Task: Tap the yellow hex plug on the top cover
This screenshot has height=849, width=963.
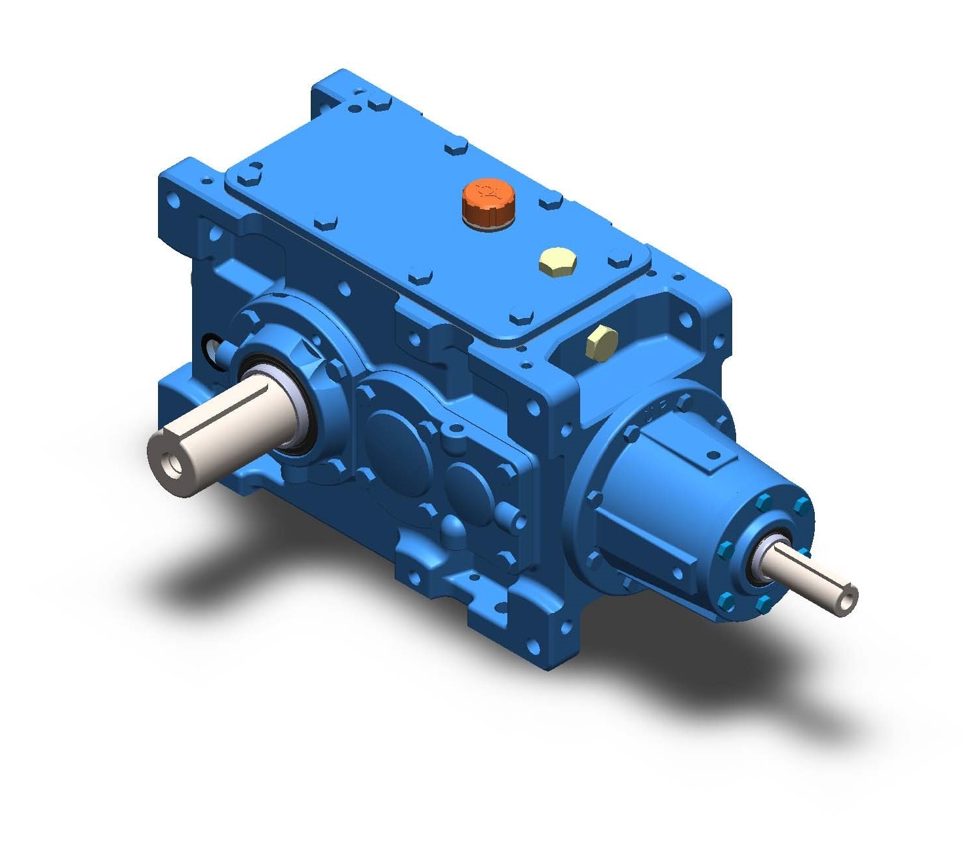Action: (558, 262)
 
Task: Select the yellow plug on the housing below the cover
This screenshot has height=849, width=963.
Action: (602, 340)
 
